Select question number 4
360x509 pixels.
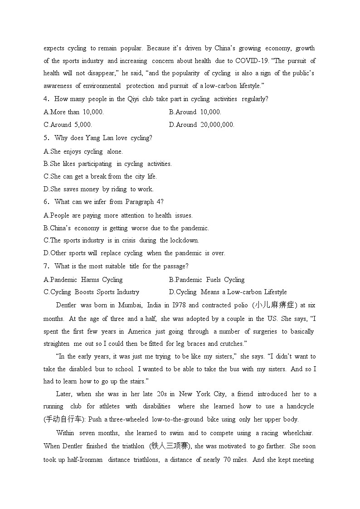point(46,99)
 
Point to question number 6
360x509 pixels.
point(46,202)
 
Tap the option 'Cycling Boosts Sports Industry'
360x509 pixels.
point(92,292)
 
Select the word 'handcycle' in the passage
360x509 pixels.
point(301,406)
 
